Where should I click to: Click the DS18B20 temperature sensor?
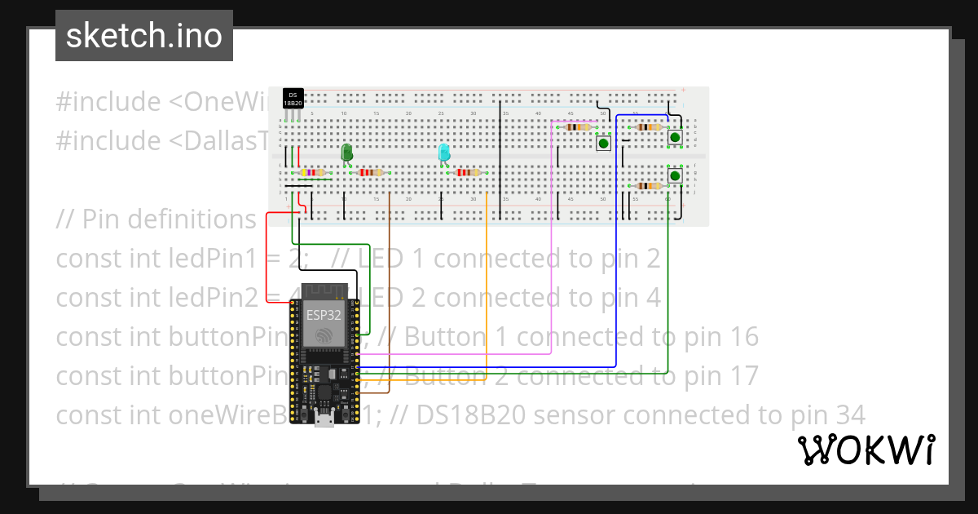[293, 99]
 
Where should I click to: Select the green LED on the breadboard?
[346, 152]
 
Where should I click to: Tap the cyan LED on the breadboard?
[443, 152]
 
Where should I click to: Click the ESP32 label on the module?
[324, 315]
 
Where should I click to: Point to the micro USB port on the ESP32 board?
[324, 420]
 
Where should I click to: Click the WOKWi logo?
[866, 450]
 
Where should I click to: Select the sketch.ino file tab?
[144, 36]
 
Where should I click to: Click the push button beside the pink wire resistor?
[603, 144]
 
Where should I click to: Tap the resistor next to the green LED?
[371, 172]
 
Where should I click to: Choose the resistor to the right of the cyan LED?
[468, 172]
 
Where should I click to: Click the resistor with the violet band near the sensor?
[312, 172]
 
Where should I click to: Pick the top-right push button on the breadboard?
[675, 137]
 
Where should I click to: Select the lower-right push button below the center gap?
[675, 175]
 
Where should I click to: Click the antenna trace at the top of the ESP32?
[324, 291]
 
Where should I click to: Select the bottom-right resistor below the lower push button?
[648, 186]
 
